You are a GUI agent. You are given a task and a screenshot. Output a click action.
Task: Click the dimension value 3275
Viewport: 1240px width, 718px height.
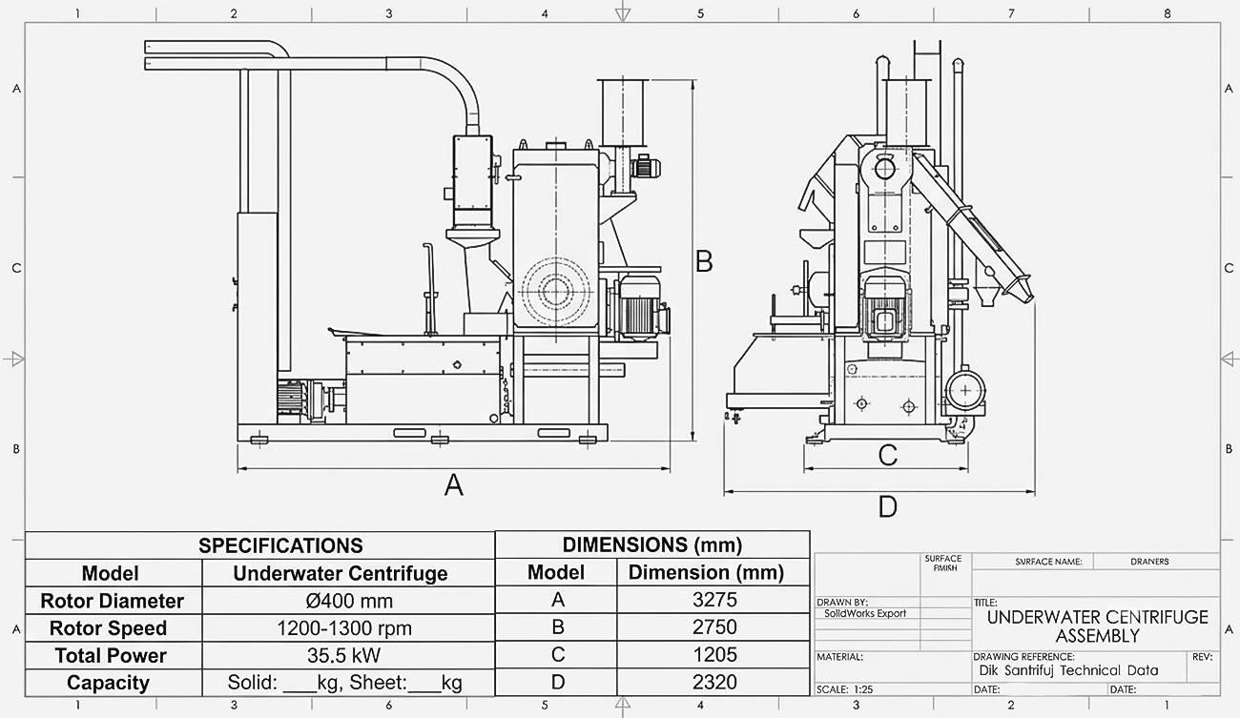(x=714, y=600)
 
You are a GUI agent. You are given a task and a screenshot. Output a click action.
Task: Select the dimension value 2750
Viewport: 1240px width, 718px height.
(x=714, y=627)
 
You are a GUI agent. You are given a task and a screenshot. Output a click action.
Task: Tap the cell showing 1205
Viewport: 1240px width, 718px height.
(x=714, y=655)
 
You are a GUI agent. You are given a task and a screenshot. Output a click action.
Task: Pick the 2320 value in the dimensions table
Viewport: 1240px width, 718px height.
(x=714, y=682)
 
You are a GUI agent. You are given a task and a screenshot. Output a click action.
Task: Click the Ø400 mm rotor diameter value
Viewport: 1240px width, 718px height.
(x=349, y=601)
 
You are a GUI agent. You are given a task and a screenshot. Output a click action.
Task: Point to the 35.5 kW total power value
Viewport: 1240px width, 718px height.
(x=343, y=655)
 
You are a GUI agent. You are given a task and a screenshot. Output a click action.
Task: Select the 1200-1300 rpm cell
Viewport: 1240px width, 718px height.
(x=344, y=628)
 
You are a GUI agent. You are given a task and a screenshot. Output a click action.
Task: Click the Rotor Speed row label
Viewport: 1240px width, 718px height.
(x=108, y=628)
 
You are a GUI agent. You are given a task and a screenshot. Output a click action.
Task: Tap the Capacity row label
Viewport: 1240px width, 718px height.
(x=108, y=683)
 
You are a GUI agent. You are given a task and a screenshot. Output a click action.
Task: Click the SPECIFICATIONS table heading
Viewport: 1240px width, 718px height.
(x=280, y=545)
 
